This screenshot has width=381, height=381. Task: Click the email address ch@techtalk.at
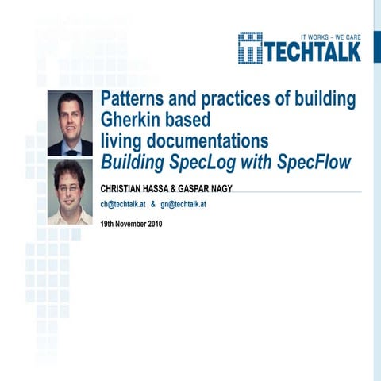click(x=123, y=204)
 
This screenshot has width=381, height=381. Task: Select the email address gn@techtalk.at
click(x=183, y=204)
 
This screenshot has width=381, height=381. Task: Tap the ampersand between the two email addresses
click(x=153, y=204)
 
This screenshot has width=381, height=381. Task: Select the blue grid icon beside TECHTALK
click(x=250, y=48)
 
